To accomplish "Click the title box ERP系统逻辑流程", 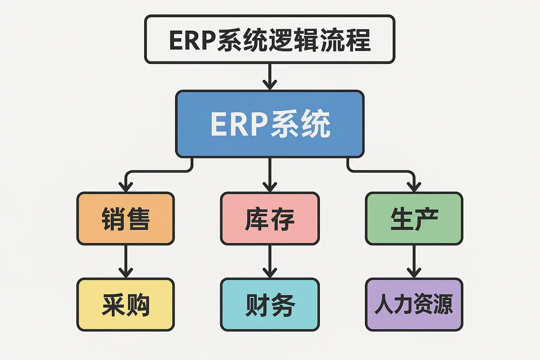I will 270,39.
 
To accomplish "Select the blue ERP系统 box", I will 270,124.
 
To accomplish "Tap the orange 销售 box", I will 126,218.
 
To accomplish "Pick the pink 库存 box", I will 270,218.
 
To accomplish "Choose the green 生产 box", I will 414,218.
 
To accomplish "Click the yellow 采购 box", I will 126,304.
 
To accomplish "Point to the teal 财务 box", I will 270,304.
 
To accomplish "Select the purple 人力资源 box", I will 414,304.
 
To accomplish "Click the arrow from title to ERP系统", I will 270,76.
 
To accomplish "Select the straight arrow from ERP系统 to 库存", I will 270,174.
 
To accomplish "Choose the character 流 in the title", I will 333,40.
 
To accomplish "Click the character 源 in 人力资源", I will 443,304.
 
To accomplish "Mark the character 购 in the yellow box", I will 138,305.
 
